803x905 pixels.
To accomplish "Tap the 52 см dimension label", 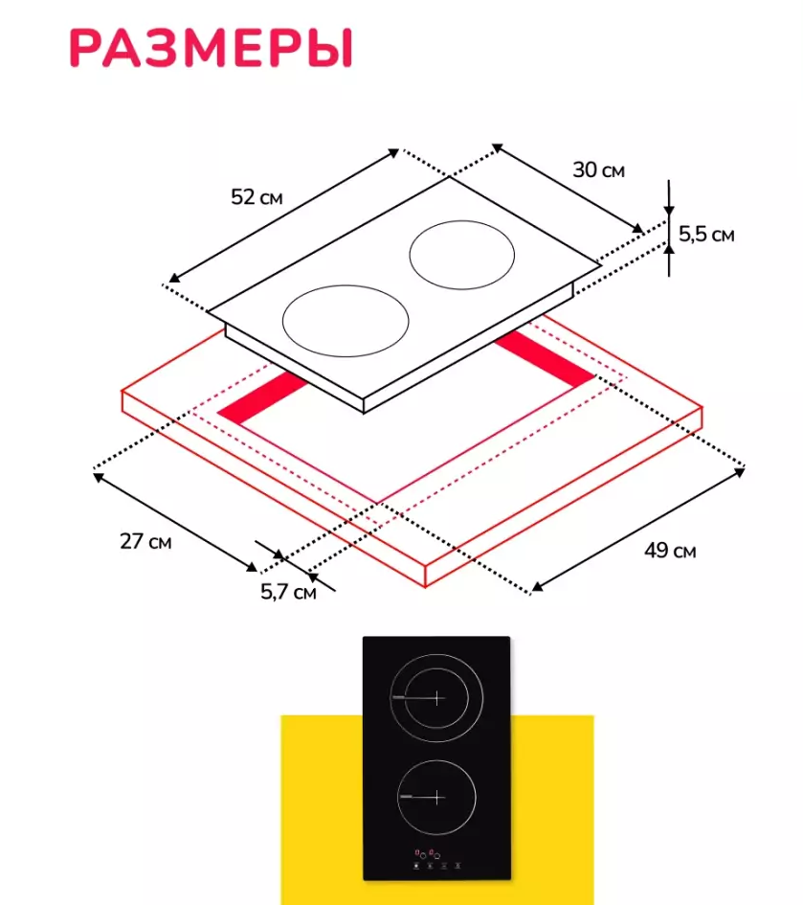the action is pos(257,197).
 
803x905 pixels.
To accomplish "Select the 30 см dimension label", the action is pos(598,170).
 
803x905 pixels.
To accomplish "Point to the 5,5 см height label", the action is pos(706,235).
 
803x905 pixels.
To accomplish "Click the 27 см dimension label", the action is pos(145,541).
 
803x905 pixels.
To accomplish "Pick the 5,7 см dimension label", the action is pos(288,592).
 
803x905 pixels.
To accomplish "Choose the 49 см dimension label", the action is pos(670,551).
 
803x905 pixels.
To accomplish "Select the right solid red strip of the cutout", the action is pos(544,359).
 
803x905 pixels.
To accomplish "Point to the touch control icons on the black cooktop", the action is pos(436,860).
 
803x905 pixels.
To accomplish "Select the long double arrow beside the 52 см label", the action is pos(283,215).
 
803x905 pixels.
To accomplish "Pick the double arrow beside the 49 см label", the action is pos(638,530).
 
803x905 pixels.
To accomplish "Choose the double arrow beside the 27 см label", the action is pos(175,522).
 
